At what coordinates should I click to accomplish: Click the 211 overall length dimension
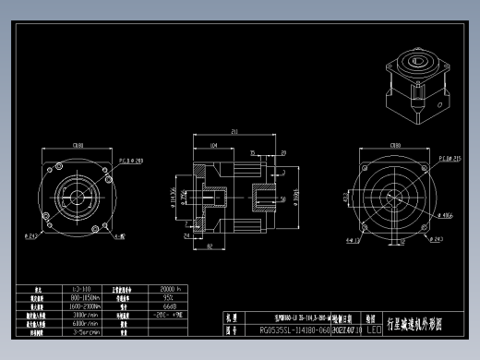[x=234, y=132]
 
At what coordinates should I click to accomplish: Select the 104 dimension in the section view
[x=213, y=146]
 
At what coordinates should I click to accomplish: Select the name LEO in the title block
[x=374, y=328]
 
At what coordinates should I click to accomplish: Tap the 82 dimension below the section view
[x=210, y=246]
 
